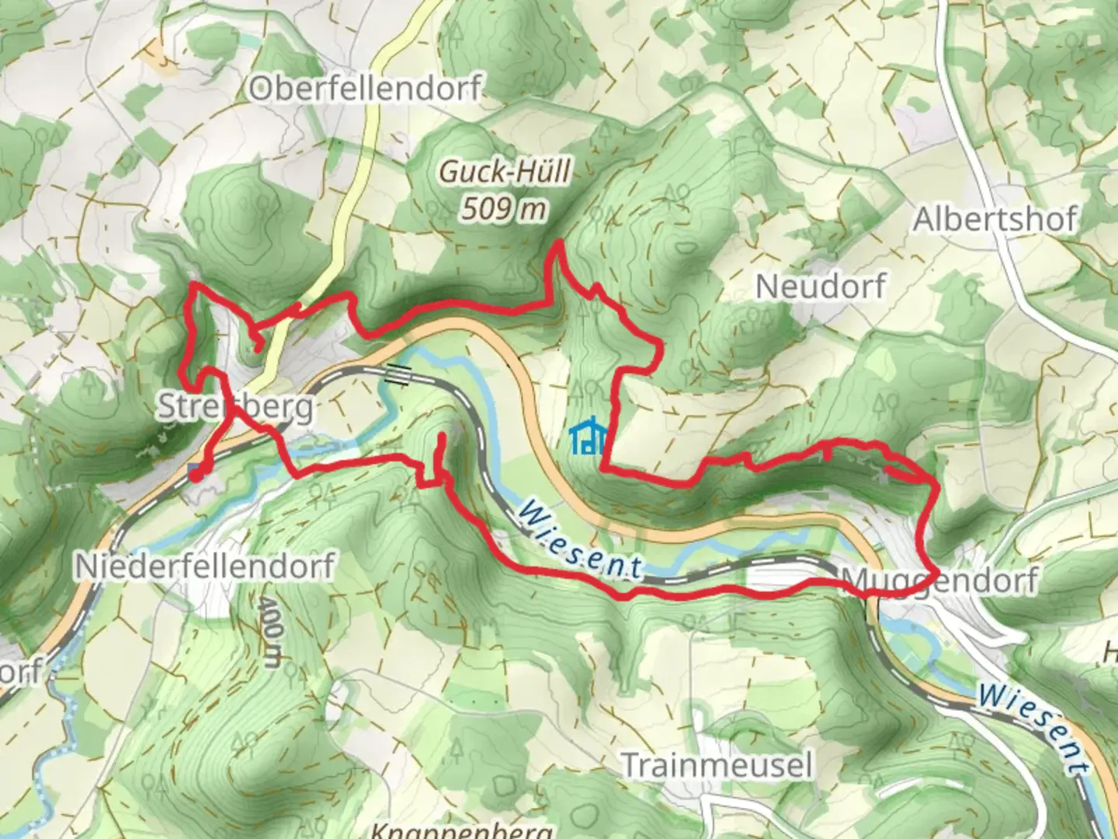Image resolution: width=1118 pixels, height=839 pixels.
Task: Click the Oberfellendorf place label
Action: coord(365,88)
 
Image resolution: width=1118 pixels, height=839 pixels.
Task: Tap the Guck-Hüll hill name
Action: coord(505,171)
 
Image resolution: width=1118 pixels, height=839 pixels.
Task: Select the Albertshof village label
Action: coord(995,220)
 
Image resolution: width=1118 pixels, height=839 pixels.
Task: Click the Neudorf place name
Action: coord(820,287)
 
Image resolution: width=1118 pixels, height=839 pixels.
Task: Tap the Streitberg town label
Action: coord(236,406)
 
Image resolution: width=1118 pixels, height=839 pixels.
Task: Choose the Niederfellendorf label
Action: coord(205,566)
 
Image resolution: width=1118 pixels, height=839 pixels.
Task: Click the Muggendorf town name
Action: coord(939,580)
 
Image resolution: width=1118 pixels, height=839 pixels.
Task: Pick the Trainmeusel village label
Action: coord(717,765)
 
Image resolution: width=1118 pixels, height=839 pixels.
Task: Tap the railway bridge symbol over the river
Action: coord(398,374)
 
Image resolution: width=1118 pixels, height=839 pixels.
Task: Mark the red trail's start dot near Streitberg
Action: coord(195,474)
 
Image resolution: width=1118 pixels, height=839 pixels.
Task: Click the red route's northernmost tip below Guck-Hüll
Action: coord(557,245)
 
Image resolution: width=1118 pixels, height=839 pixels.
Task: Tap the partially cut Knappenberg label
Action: coord(461,830)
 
